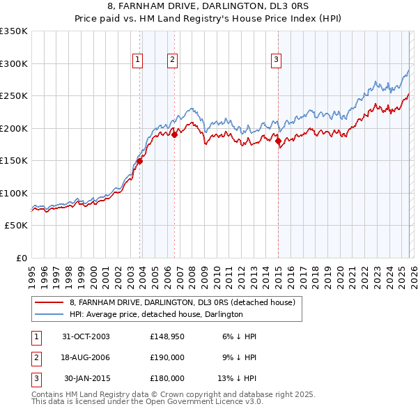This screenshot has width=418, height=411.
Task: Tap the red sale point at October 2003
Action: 139,161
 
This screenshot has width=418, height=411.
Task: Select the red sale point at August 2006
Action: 174,135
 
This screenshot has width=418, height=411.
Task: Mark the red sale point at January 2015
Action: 278,141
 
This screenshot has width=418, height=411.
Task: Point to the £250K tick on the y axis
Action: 13,96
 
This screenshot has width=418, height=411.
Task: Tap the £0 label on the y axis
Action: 20,258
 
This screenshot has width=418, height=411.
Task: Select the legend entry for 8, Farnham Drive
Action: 183,302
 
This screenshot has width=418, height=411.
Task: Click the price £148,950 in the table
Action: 167,336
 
